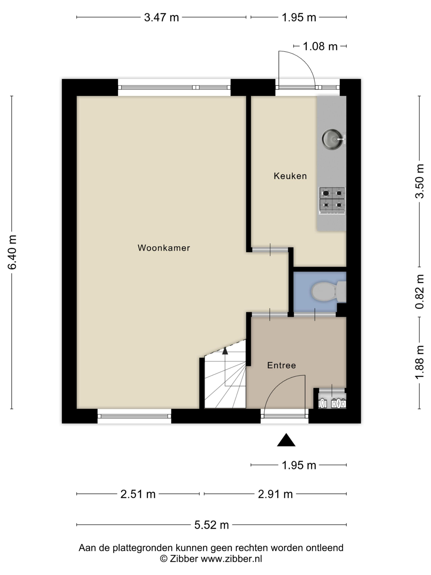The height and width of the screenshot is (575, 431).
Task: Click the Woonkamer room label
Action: (x=164, y=248)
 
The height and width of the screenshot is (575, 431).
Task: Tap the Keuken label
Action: (x=290, y=176)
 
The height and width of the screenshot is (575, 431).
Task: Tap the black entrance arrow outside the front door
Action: (x=286, y=440)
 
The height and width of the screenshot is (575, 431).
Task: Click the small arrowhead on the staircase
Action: (x=225, y=351)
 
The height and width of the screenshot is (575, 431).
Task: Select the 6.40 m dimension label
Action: (x=12, y=252)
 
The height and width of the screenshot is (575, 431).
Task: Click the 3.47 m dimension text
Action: (x=161, y=18)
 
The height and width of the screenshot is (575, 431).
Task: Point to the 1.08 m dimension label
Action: (x=320, y=46)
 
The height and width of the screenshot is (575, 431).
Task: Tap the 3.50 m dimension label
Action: (x=419, y=181)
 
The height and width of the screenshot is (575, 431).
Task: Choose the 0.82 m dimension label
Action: (x=419, y=292)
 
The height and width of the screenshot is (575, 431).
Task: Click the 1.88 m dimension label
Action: (x=419, y=362)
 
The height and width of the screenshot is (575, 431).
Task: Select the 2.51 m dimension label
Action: (x=138, y=494)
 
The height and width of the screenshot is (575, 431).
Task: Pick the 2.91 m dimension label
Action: (x=275, y=494)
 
